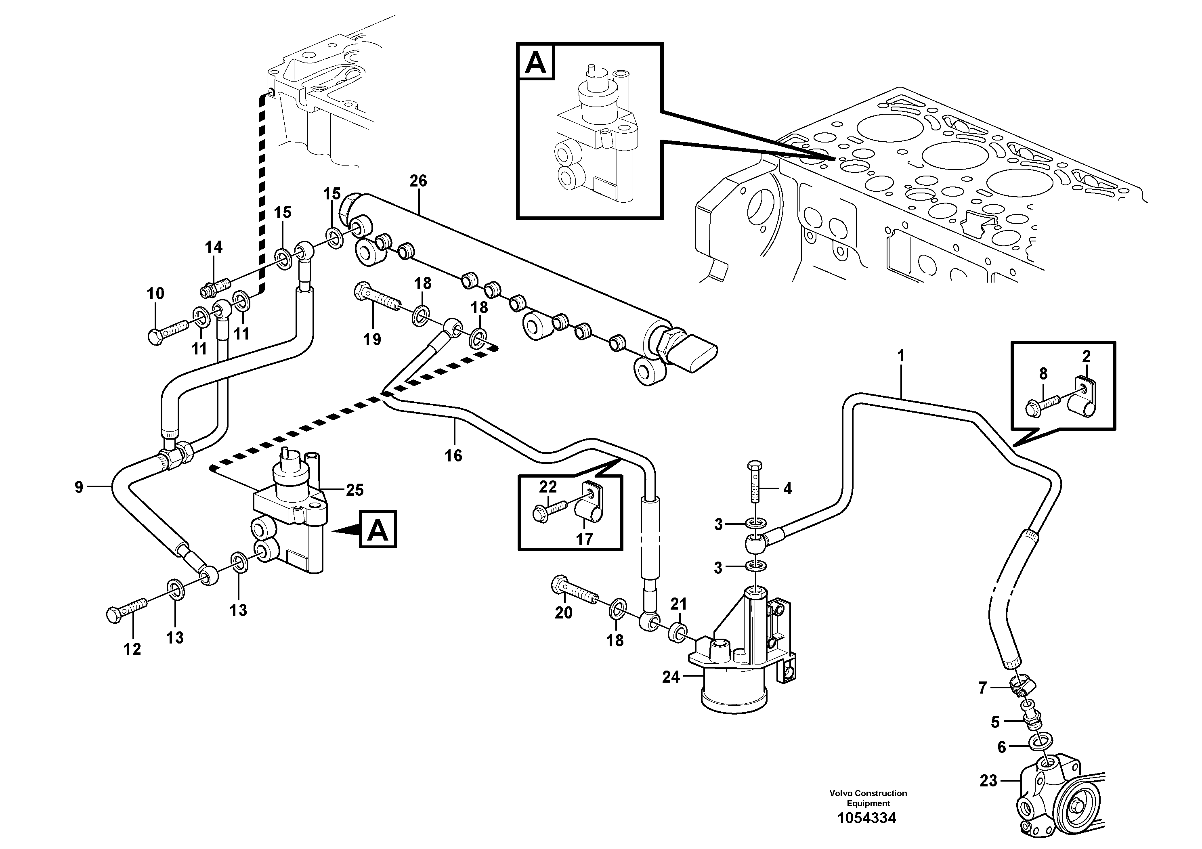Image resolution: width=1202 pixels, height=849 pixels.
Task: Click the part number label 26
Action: pos(418,181)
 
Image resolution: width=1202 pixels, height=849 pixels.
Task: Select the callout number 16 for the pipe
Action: pos(453,455)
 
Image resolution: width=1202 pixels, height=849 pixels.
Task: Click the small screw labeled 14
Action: pos(215,286)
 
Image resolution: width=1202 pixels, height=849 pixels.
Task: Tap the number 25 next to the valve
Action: pos(355,490)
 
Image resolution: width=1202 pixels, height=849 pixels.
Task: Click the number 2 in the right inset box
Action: pos(1086,356)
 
